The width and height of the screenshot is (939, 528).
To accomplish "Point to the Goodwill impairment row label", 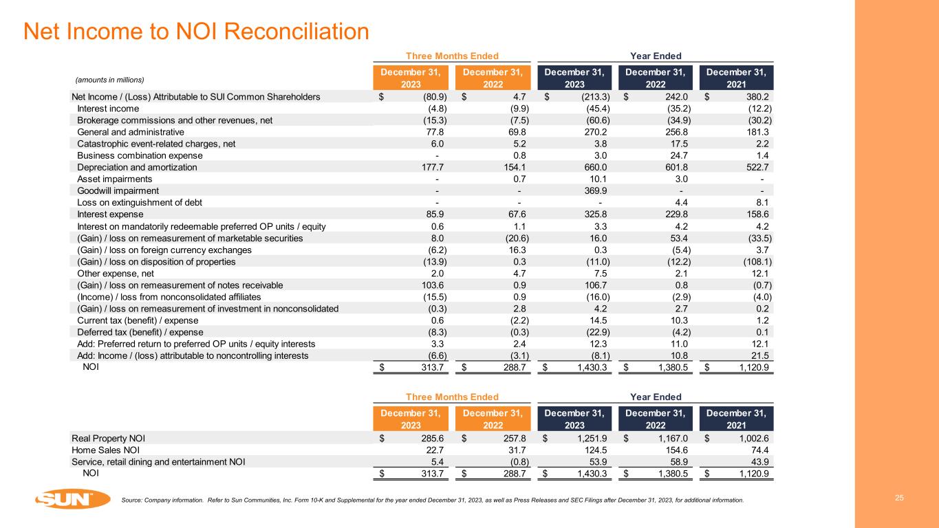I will click(118, 190).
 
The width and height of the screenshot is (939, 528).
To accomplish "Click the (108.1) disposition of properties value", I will click(754, 261).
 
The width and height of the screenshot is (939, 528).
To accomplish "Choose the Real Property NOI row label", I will click(108, 437).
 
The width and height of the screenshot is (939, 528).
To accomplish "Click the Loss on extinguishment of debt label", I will click(140, 202).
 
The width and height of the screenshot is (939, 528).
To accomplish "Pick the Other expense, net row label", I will click(113, 274).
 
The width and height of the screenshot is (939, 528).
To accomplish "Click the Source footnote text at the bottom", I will click(431, 500).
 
